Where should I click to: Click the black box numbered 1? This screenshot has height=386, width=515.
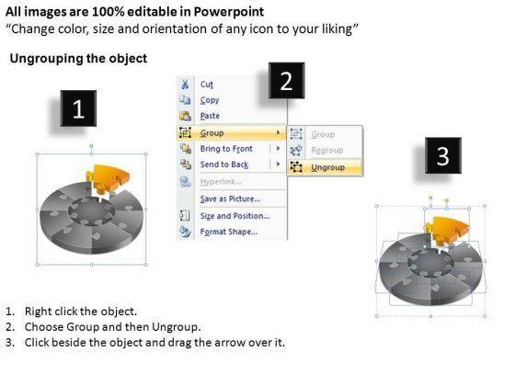78,108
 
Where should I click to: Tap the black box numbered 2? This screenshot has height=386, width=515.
286,81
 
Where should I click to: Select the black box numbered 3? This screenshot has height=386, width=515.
443,155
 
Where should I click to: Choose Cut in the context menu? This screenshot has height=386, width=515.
207,85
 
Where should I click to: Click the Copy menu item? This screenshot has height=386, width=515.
210,100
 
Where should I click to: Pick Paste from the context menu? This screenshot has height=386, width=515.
210,116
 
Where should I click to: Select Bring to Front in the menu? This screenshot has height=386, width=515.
226,149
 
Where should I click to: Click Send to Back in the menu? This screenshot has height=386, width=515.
224,165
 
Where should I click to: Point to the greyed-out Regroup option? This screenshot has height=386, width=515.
327,151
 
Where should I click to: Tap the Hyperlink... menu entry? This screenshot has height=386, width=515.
221,182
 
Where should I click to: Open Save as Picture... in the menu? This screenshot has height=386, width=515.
230,199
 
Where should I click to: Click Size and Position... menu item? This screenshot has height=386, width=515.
235,216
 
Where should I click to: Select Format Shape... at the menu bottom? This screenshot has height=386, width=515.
229,232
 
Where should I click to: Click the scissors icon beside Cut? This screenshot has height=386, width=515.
185,85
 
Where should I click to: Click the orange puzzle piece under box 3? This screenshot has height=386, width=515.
446,230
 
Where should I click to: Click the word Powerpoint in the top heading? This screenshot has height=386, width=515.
229,12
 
